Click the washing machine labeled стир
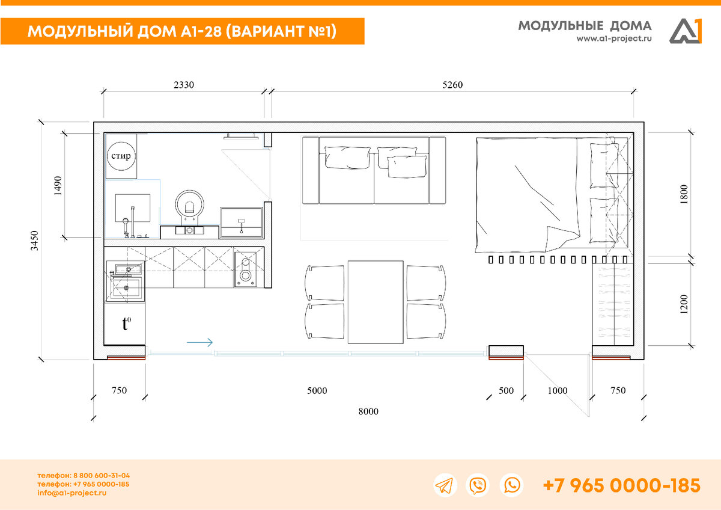click(121, 156)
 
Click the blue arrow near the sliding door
click(199, 342)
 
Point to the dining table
click(376, 302)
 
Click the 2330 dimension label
click(184, 85)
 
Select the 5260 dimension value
click(452, 85)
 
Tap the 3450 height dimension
click(34, 241)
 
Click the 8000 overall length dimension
click(368, 411)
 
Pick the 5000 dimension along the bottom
click(317, 391)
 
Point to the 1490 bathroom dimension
click(58, 186)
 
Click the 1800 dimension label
click(684, 194)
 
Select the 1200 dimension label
click(684, 304)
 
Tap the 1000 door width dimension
click(558, 391)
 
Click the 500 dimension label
click(506, 391)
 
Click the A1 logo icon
click(686, 31)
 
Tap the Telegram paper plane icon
click(445, 485)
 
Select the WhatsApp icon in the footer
click(511, 485)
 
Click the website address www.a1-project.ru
click(614, 38)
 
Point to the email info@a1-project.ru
click(71, 493)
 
